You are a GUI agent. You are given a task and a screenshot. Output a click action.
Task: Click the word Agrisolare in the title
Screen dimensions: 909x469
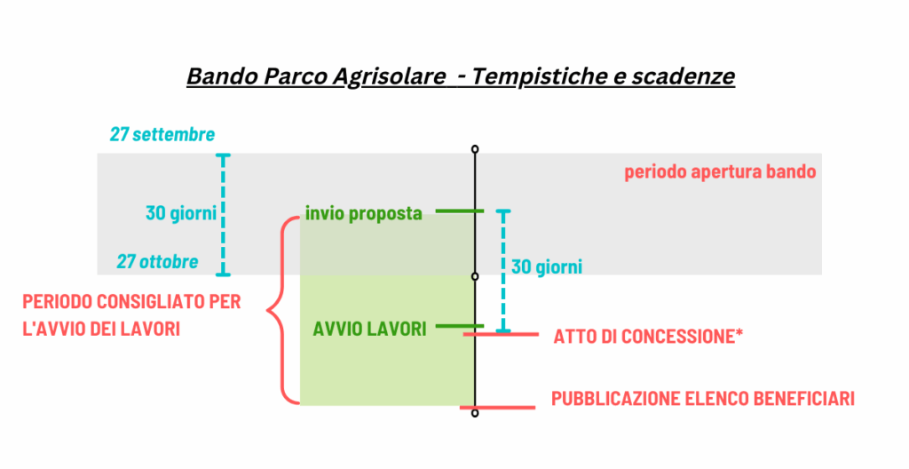click(389, 77)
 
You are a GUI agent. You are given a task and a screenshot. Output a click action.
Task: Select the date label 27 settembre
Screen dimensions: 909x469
click(162, 135)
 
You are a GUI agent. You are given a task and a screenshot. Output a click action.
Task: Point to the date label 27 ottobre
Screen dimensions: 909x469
click(158, 262)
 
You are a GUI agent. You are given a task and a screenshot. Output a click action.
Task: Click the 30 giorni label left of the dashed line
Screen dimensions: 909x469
click(181, 213)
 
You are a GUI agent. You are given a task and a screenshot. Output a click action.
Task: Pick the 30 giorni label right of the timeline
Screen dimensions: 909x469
click(547, 266)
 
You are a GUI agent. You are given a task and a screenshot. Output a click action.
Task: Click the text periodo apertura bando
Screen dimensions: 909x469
click(720, 171)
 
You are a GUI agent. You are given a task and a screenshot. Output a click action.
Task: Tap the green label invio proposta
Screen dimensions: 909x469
click(363, 213)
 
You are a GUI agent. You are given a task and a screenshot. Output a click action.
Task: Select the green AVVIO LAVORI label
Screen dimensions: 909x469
click(370, 330)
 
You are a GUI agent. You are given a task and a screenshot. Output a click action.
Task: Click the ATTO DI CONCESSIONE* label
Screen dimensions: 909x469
click(648, 337)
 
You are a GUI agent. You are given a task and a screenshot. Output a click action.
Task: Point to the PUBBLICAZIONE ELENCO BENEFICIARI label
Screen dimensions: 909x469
click(703, 399)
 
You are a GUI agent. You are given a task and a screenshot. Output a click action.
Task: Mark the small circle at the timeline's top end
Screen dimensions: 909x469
click(475, 149)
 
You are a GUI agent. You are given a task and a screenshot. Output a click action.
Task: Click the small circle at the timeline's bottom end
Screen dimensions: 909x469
click(475, 413)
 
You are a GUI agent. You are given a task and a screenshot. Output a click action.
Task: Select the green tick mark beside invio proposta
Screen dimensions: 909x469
click(459, 211)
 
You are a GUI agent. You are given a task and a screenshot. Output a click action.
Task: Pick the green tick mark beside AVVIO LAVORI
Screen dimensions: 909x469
click(459, 326)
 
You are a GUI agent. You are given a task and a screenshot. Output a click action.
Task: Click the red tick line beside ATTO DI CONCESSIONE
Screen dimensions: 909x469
click(501, 334)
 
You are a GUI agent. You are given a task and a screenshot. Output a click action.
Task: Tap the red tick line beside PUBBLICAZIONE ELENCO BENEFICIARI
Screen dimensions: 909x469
click(497, 408)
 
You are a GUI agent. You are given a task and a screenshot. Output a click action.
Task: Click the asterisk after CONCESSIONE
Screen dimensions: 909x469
click(739, 332)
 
